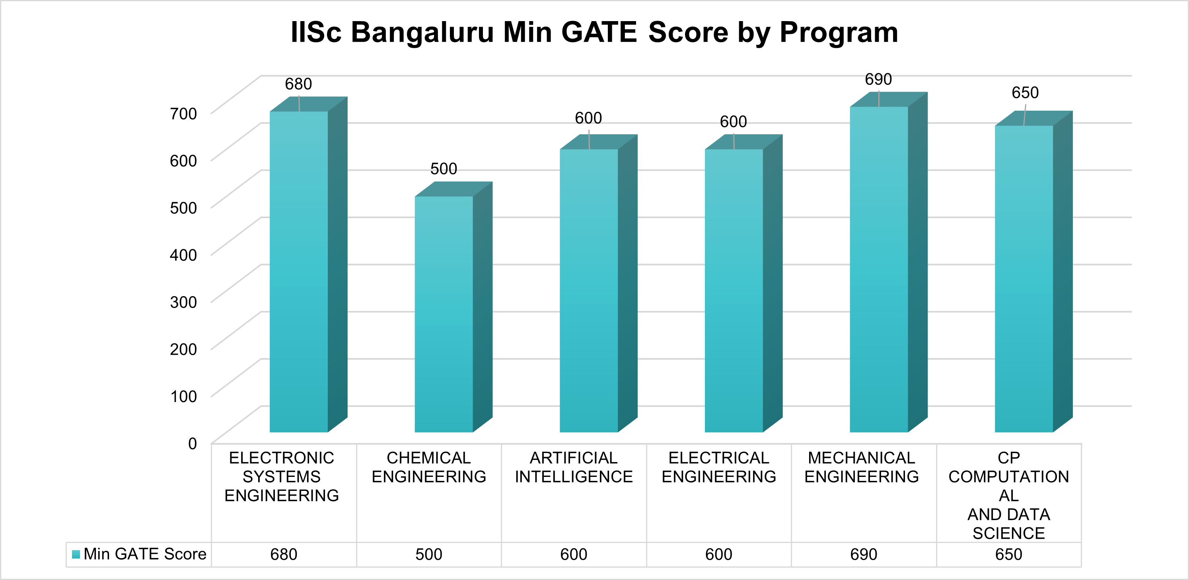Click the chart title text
coord(594,32)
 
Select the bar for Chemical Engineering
coord(444,314)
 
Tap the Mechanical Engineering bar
coord(878,270)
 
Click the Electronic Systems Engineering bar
coord(299,272)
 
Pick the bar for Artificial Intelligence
coord(588,291)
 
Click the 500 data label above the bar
coord(444,168)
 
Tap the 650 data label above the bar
coord(1025,93)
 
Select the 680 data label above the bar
coord(298,84)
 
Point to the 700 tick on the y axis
coord(183,113)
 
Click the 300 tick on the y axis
coord(183,302)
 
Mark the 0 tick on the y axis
coord(192,444)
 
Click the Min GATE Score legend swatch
coord(76,554)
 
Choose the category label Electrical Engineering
coord(719,467)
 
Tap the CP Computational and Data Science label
coord(1008,495)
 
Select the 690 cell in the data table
coord(863,554)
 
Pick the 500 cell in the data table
coord(428,554)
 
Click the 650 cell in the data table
coord(1008,554)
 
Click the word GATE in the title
coord(598,32)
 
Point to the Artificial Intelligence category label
coord(573,467)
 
